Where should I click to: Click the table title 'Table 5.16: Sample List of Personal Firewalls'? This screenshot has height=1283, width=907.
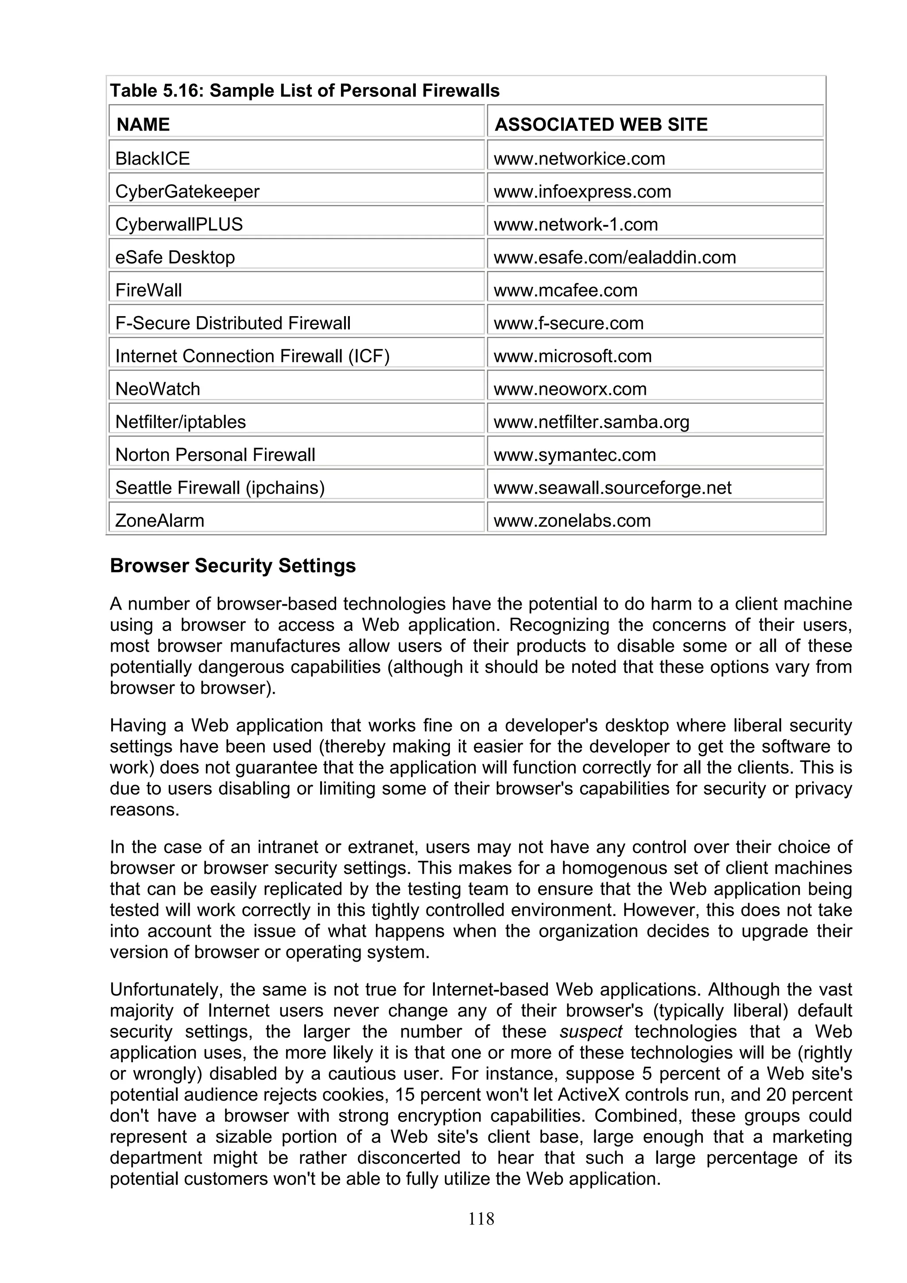tap(305, 90)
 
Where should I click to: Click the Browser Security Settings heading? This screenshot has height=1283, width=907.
tap(233, 565)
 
